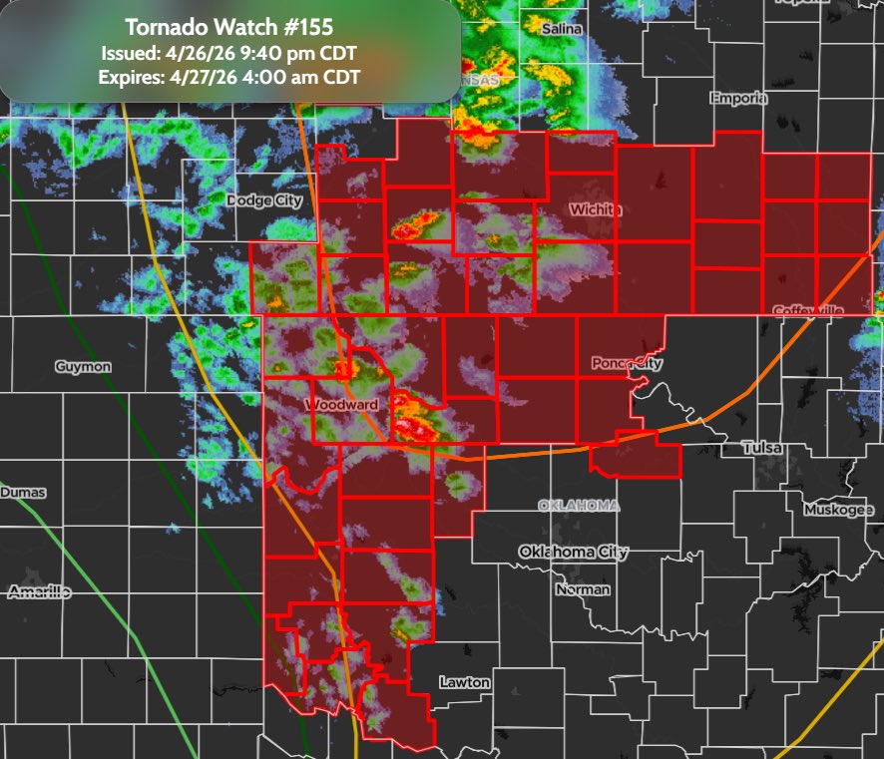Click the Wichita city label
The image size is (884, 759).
tap(596, 209)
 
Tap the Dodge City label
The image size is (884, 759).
tap(264, 200)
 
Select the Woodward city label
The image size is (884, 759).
tap(341, 405)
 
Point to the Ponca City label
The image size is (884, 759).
tap(627, 363)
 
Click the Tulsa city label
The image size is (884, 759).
tap(762, 449)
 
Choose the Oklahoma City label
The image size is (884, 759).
tap(573, 552)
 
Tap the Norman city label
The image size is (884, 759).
tap(583, 589)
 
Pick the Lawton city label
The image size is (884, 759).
tap(465, 682)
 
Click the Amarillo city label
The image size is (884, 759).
tap(39, 592)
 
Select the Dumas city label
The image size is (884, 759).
tap(23, 493)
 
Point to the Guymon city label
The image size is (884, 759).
tap(83, 367)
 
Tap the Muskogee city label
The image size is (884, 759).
tap(839, 511)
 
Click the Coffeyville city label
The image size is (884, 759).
tap(809, 311)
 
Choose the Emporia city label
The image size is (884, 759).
tap(738, 99)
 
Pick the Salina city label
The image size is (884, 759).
tap(562, 30)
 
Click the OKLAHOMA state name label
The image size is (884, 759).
tap(579, 506)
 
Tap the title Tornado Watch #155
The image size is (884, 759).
tap(229, 28)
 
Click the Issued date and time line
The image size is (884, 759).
tap(229, 53)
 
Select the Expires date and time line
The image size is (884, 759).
tap(229, 77)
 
